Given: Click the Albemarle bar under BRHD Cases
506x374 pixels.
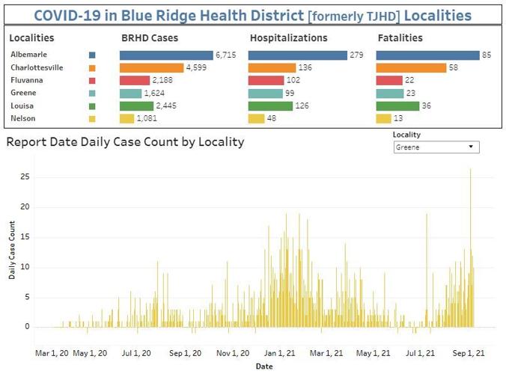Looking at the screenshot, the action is (166, 55).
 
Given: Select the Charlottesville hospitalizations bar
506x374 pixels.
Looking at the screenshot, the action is (272, 68).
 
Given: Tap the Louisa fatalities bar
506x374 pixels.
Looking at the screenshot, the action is (397, 105).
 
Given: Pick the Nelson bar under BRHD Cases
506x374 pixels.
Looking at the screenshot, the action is (127, 118).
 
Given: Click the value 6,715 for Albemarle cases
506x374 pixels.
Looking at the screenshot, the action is (226, 55).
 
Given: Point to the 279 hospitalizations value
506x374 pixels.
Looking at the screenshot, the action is (356, 55).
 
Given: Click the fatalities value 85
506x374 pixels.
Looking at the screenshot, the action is (487, 55).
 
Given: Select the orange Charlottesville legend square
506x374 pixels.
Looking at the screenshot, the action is (92, 68).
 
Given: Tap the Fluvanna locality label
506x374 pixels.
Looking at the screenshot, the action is (27, 80).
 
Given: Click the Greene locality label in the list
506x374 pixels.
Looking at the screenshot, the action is (23, 93).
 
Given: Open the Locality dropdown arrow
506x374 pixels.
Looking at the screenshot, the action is (471, 147).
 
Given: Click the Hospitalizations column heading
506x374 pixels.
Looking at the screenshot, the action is (288, 37).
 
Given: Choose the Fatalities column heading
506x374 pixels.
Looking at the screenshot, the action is (400, 37).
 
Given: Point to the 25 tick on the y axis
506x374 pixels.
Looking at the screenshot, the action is (25, 177).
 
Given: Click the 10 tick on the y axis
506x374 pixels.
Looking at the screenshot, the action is (25, 267).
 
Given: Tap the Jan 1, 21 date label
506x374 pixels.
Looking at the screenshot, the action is (279, 353).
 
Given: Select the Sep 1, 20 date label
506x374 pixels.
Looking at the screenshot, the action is (185, 353).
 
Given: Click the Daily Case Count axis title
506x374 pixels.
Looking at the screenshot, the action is (12, 250).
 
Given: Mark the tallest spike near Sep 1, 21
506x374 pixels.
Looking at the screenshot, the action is (471, 248).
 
